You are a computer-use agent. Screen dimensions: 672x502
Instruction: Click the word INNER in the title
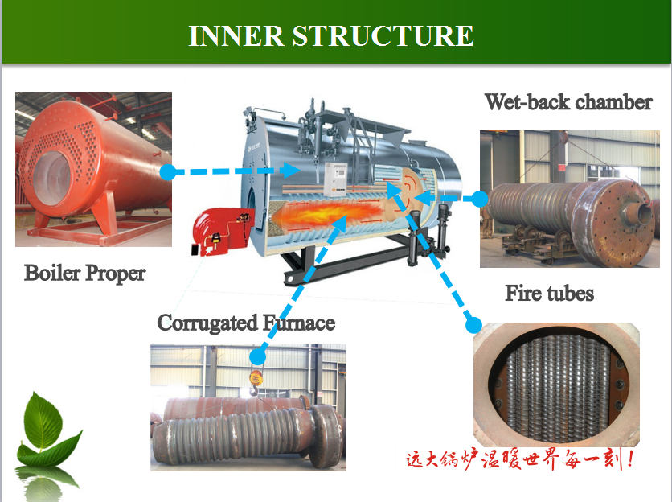tap(236, 35)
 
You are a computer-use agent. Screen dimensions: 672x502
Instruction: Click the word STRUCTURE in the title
tap(383, 35)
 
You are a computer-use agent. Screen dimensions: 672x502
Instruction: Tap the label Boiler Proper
tap(85, 274)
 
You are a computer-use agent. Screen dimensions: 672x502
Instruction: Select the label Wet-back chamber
tap(568, 102)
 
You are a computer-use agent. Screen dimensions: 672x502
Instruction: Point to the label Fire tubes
tap(550, 294)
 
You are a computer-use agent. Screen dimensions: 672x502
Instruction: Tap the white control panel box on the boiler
tap(335, 179)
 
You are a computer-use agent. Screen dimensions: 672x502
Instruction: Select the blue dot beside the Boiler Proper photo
tap(169, 172)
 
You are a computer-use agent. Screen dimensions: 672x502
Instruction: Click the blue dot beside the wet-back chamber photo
tap(480, 199)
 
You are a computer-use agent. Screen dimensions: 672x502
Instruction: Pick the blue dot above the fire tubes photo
tap(473, 325)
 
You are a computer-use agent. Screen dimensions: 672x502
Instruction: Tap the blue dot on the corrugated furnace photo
tap(257, 356)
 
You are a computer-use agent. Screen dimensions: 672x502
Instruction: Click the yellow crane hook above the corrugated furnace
tap(255, 381)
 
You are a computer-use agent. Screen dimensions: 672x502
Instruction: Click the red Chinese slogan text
tap(519, 459)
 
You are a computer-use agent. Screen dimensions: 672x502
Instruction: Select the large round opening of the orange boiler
tap(51, 178)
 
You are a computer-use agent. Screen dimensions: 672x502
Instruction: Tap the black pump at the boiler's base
tap(414, 238)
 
